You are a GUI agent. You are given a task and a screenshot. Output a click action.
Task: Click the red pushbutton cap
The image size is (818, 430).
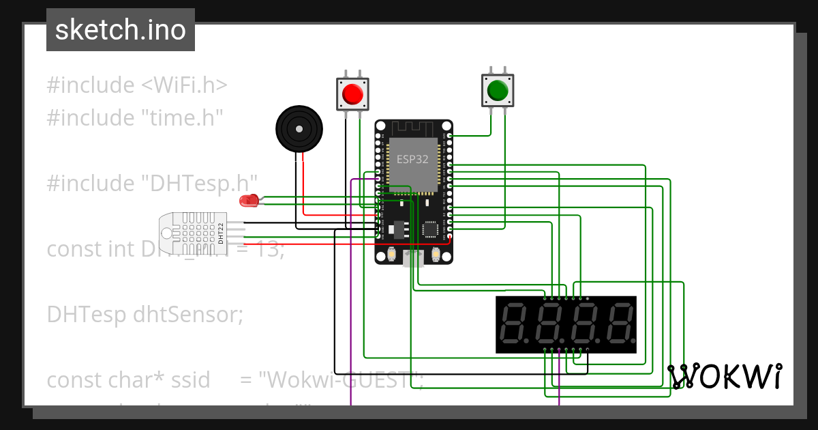click(352, 93)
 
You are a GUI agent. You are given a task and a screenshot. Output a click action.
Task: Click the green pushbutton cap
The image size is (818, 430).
click(498, 90)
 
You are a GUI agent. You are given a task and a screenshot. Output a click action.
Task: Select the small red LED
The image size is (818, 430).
click(248, 201)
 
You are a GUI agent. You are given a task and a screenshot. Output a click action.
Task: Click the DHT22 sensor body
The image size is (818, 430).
click(191, 231)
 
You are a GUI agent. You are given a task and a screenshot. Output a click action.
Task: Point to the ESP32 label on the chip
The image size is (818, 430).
click(413, 159)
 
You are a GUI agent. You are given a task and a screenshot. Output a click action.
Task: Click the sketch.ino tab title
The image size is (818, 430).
click(121, 30)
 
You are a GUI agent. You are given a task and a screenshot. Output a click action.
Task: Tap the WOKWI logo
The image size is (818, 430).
click(725, 377)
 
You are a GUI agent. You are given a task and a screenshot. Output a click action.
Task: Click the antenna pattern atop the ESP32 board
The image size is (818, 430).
click(412, 128)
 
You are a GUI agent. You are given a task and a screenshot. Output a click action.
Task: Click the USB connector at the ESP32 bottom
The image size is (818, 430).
click(412, 259)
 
